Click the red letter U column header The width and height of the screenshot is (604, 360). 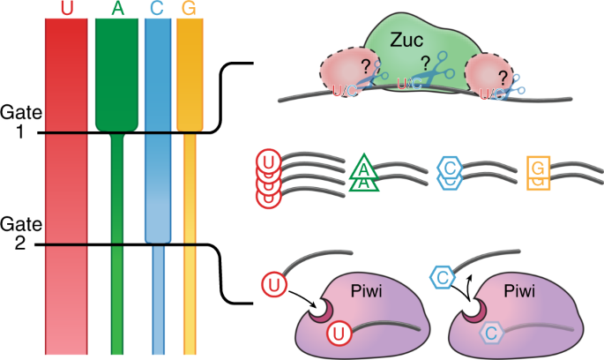pyautogui.click(x=66, y=8)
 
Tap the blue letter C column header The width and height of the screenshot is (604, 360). pyautogui.click(x=156, y=8)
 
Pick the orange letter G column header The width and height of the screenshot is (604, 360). pyautogui.click(x=189, y=8)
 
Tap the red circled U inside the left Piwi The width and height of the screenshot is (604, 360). pyautogui.click(x=338, y=334)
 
